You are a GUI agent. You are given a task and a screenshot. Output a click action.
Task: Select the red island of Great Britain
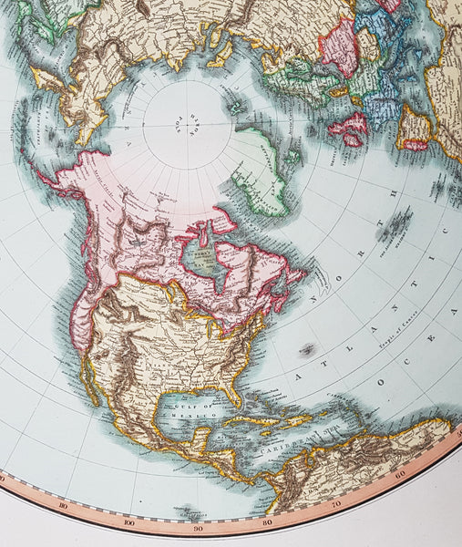click(x=350, y=128)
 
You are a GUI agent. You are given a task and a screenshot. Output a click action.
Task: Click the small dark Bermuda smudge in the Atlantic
click(x=307, y=350)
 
